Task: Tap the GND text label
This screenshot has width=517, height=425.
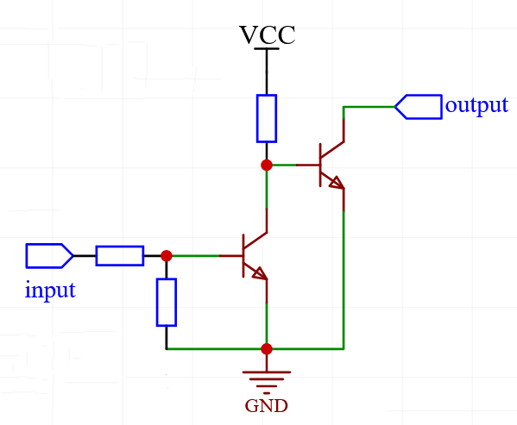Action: (x=266, y=406)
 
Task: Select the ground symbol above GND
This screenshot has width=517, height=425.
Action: (x=267, y=378)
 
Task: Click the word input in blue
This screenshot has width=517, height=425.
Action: (x=50, y=290)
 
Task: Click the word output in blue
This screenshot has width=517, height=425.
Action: (x=476, y=105)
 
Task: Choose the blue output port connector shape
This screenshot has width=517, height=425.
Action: (x=418, y=106)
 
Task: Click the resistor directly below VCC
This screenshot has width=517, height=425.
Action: (x=267, y=118)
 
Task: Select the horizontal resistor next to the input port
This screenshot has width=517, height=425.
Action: (x=119, y=255)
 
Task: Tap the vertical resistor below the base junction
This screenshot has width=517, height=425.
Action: (x=167, y=302)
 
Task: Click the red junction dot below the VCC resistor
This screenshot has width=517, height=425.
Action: (x=267, y=164)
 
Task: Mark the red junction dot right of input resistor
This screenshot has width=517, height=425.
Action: (x=167, y=255)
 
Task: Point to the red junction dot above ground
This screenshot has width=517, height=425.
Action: (x=267, y=349)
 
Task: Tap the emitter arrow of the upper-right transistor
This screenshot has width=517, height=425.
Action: (x=335, y=182)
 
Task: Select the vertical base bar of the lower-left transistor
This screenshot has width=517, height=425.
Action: (x=243, y=255)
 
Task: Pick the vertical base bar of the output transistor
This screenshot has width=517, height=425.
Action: (x=320, y=164)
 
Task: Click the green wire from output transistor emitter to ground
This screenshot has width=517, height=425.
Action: (x=344, y=276)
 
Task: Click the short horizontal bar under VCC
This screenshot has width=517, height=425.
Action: (x=267, y=49)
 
